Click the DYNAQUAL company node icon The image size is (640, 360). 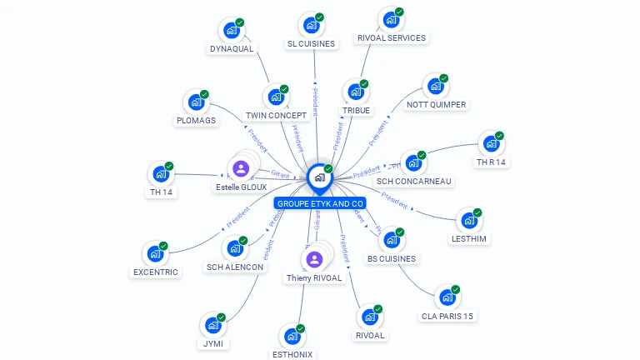[x=232, y=30]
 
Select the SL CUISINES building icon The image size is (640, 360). [x=311, y=25]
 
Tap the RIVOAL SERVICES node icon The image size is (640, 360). [x=390, y=20]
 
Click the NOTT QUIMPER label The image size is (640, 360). [x=436, y=105]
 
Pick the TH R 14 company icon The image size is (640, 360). [x=491, y=143]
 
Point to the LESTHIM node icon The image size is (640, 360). [x=468, y=220]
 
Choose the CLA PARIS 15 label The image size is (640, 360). [x=447, y=316]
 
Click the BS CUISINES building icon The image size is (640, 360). [x=391, y=240]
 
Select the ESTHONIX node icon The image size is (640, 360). [x=292, y=337]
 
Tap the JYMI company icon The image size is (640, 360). [x=212, y=325]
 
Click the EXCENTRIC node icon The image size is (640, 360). [x=155, y=254]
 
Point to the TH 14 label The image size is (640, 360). [x=161, y=192]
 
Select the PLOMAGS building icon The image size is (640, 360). [x=196, y=102]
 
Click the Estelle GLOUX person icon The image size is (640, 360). [x=241, y=169]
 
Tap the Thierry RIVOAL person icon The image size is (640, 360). [x=314, y=259]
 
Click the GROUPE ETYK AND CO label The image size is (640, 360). [x=320, y=203]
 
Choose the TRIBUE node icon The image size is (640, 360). [x=356, y=92]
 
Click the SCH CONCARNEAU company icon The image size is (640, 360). [x=413, y=163]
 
